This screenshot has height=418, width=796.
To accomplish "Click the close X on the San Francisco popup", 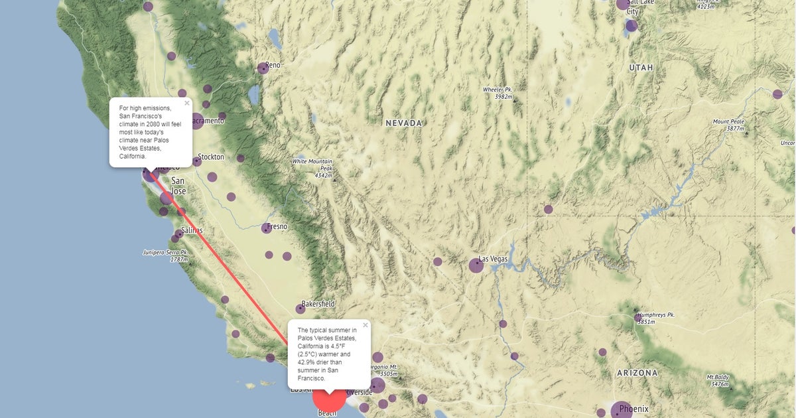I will coord(187,103).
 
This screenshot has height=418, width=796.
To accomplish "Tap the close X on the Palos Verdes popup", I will coord(365,325).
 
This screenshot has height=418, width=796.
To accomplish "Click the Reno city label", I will coord(273,66).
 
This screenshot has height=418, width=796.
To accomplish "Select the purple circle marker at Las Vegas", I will coord(476,265).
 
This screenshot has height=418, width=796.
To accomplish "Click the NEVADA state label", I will coord(404,123).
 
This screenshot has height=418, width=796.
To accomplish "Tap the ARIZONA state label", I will coord(637,373).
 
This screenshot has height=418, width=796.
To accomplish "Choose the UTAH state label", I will coord(641,68).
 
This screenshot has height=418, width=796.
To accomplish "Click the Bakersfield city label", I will coord(318,304).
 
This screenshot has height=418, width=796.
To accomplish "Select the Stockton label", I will coord(211,157).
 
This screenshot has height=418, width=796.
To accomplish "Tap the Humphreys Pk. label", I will coord(655,314).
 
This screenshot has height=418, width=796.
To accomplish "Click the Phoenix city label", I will coord(633,409).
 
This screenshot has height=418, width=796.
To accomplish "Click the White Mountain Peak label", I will coord(312,165).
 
